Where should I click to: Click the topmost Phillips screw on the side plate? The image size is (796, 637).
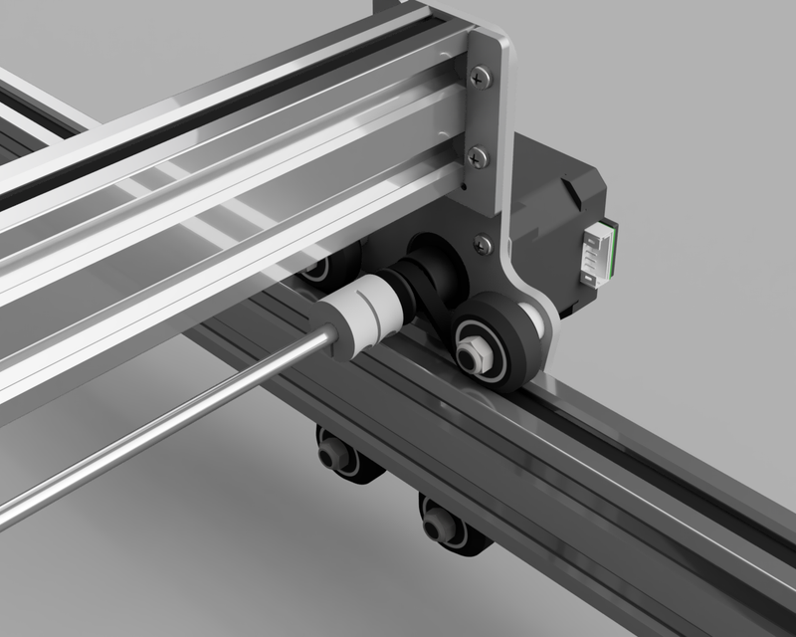click(483, 73)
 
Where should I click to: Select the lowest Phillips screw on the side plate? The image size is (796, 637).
click(484, 242)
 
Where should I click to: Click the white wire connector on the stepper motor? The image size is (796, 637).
click(601, 255)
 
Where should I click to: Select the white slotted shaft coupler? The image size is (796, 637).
click(364, 317)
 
